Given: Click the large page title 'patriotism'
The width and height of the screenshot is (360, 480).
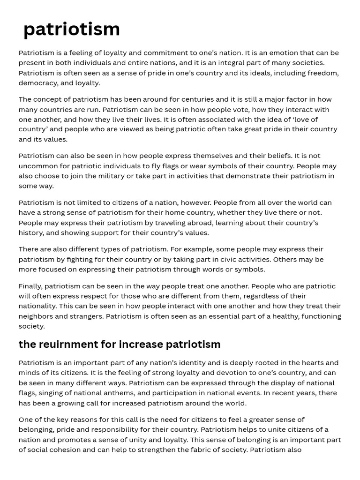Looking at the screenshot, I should tap(72, 29).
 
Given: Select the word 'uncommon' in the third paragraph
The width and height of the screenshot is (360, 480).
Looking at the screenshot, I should tap(37, 166).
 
